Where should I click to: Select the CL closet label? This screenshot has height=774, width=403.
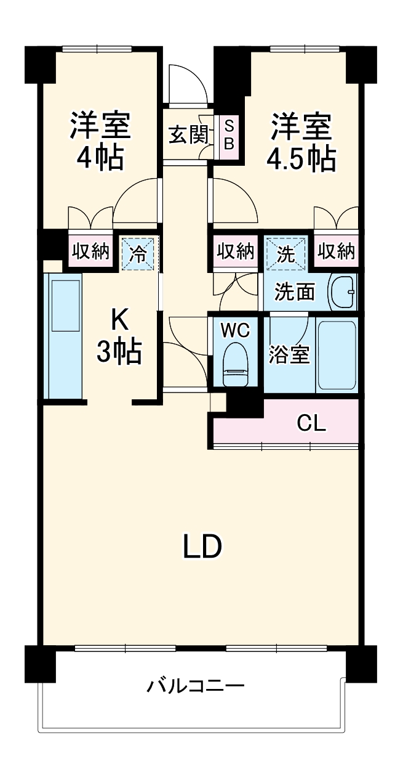(x=311, y=423)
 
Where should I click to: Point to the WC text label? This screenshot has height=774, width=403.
(x=236, y=330)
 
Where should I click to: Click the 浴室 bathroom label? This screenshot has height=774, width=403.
(x=289, y=354)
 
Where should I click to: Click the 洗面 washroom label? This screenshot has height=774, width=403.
(x=293, y=291)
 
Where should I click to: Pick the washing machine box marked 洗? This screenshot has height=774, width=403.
(x=285, y=253)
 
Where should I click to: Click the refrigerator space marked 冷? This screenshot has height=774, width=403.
(x=139, y=253)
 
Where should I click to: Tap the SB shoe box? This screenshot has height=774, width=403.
(x=228, y=134)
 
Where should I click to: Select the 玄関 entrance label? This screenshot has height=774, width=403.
(x=188, y=134)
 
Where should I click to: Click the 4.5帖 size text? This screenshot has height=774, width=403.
(x=301, y=159)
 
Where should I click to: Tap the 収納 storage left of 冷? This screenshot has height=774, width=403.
(x=91, y=251)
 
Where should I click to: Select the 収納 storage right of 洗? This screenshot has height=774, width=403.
(x=336, y=251)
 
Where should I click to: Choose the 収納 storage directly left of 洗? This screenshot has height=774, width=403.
(x=235, y=251)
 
